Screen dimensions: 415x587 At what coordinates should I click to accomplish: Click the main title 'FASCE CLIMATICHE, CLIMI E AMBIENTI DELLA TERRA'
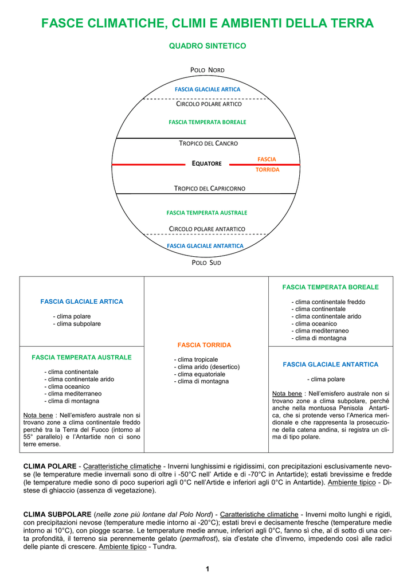(207, 23)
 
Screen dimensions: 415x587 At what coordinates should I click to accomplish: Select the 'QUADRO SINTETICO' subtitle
(207, 46)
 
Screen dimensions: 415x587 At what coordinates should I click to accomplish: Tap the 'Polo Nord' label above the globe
(207, 70)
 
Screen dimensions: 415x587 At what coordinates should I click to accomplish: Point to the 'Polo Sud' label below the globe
(206, 263)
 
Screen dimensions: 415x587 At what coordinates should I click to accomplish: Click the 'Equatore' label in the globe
(206, 163)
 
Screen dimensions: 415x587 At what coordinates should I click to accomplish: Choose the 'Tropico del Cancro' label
(209, 143)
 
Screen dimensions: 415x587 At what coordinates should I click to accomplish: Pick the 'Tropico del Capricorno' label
(210, 189)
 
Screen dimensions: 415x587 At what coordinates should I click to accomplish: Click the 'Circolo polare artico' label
(209, 104)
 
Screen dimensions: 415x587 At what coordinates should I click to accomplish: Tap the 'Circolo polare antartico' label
(207, 229)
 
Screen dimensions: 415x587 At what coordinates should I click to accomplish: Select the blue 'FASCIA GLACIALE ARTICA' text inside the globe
(207, 89)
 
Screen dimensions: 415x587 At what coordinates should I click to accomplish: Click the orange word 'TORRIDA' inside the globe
(268, 170)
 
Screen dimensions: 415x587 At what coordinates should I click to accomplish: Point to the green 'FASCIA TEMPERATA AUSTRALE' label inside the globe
(207, 213)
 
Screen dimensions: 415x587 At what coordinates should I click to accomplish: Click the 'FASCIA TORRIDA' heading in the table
(204, 345)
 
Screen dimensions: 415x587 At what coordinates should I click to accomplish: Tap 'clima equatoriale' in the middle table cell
(201, 374)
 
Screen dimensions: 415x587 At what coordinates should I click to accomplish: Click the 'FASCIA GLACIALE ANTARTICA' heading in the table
(330, 365)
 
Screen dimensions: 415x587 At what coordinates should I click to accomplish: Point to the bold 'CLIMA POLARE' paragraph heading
(50, 467)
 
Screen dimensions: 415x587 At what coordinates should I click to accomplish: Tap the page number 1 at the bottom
(207, 569)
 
